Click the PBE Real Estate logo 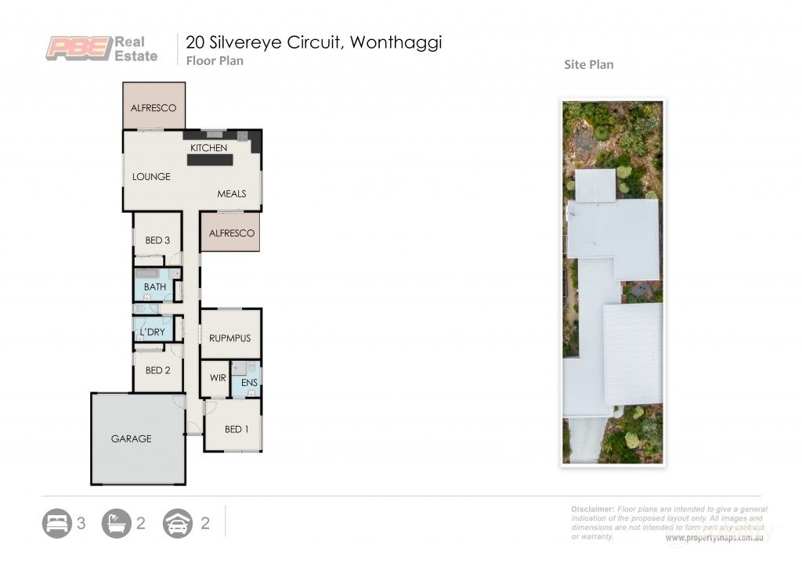[x=101, y=49]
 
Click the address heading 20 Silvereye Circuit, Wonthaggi [x=313, y=42]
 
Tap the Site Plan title [x=588, y=64]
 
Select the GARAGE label [x=131, y=438]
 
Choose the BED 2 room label [x=157, y=370]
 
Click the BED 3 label [x=157, y=240]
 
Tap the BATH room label [x=154, y=287]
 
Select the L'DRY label [x=152, y=333]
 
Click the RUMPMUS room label [x=229, y=338]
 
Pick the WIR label [x=217, y=378]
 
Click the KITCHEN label [x=209, y=148]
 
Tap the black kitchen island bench [x=209, y=160]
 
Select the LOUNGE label [x=151, y=177]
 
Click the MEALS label [x=232, y=193]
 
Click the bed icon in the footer [x=57, y=523]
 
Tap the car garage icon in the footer [x=178, y=523]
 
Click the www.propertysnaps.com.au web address [x=714, y=539]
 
